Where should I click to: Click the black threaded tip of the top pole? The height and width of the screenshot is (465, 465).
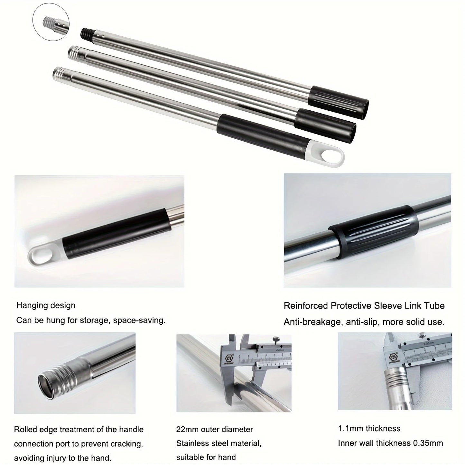pyautogui.click(x=87, y=32)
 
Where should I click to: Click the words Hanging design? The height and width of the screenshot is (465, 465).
pyautogui.click(x=46, y=306)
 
